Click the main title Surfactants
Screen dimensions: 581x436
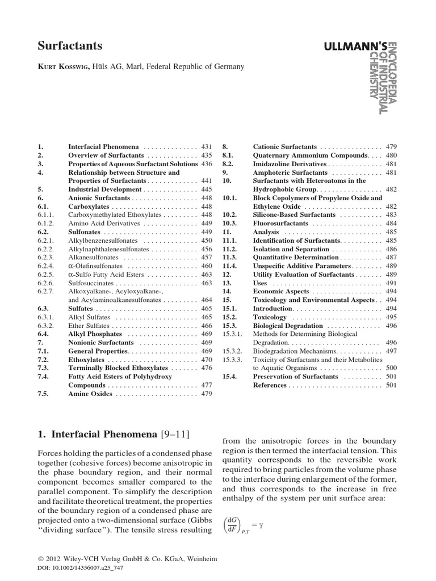[x=70, y=45]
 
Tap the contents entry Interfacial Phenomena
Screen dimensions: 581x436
[x=104, y=146]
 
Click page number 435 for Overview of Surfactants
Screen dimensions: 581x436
[x=206, y=155]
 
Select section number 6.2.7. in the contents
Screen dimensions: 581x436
[x=46, y=291]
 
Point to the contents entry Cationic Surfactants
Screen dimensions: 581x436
[x=284, y=146]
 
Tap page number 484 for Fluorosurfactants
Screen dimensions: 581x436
[x=391, y=224]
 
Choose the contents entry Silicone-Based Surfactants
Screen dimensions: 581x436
[x=294, y=215]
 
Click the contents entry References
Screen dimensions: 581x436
[x=270, y=385]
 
